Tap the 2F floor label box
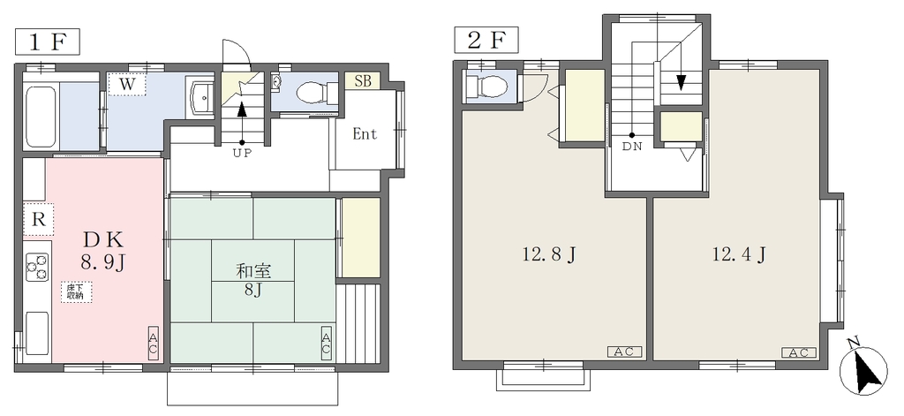point(486,41)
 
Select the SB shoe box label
point(363,80)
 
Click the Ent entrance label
point(365,134)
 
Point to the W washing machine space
point(127,84)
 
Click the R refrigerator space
point(38,219)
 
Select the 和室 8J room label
point(253,279)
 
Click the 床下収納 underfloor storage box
point(76,291)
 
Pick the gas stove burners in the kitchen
point(37,268)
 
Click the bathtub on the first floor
point(41,115)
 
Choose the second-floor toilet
point(486,86)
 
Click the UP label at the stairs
point(242,153)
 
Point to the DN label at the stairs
point(632,146)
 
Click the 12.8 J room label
point(548,254)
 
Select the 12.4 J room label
point(739,253)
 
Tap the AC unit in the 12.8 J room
point(624,352)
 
